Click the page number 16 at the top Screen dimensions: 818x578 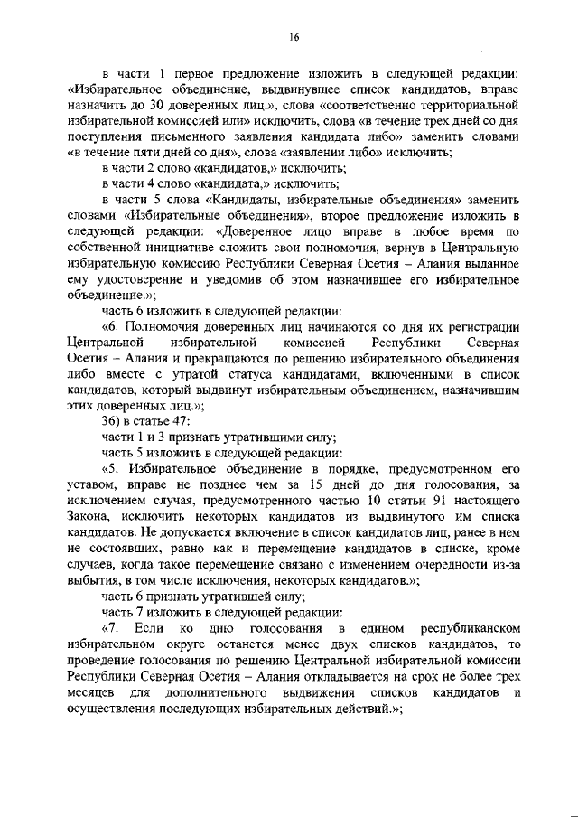point(294,37)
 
